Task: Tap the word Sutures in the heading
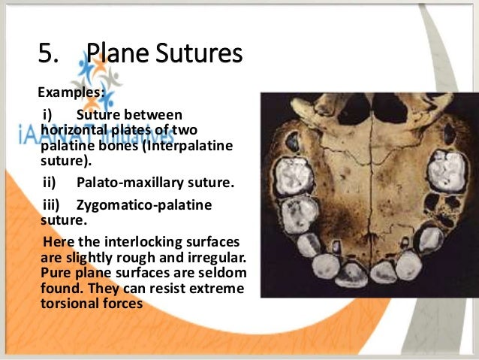(200, 54)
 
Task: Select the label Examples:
(71, 94)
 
